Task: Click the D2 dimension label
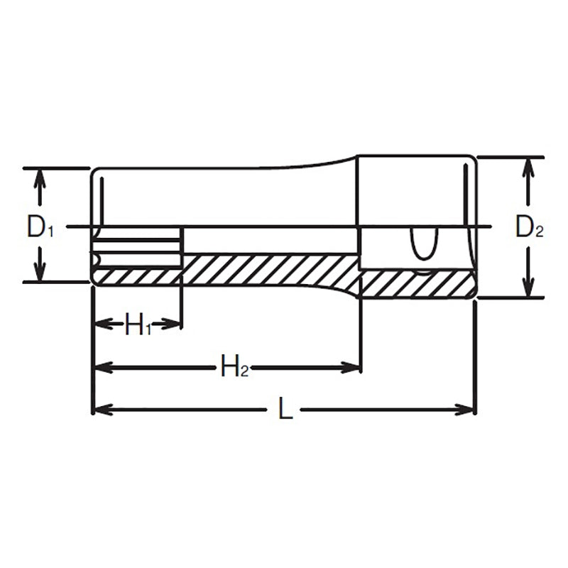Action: pos(529,226)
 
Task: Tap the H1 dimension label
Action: pos(138,325)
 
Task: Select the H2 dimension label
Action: pos(234,367)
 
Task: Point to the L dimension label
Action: pos(285,410)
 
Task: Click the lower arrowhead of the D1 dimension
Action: pos(40,273)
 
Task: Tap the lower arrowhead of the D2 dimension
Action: pos(527,288)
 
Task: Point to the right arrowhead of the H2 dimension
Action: pos(352,367)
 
